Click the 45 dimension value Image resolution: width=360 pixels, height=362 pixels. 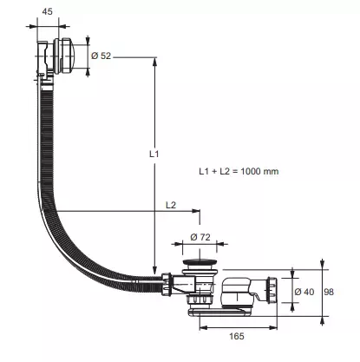point(47,11)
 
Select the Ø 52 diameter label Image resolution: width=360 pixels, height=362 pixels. point(101,56)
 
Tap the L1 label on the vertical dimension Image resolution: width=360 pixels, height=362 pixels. point(154,155)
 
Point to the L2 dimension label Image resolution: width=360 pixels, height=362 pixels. point(171,205)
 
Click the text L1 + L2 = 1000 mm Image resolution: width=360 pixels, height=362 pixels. point(239,171)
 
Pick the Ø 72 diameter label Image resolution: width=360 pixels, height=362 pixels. point(200,237)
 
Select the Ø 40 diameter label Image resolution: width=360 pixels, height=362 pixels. point(304,292)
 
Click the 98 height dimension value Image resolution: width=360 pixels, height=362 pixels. point(329,292)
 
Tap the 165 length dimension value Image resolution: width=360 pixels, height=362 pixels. point(237,336)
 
